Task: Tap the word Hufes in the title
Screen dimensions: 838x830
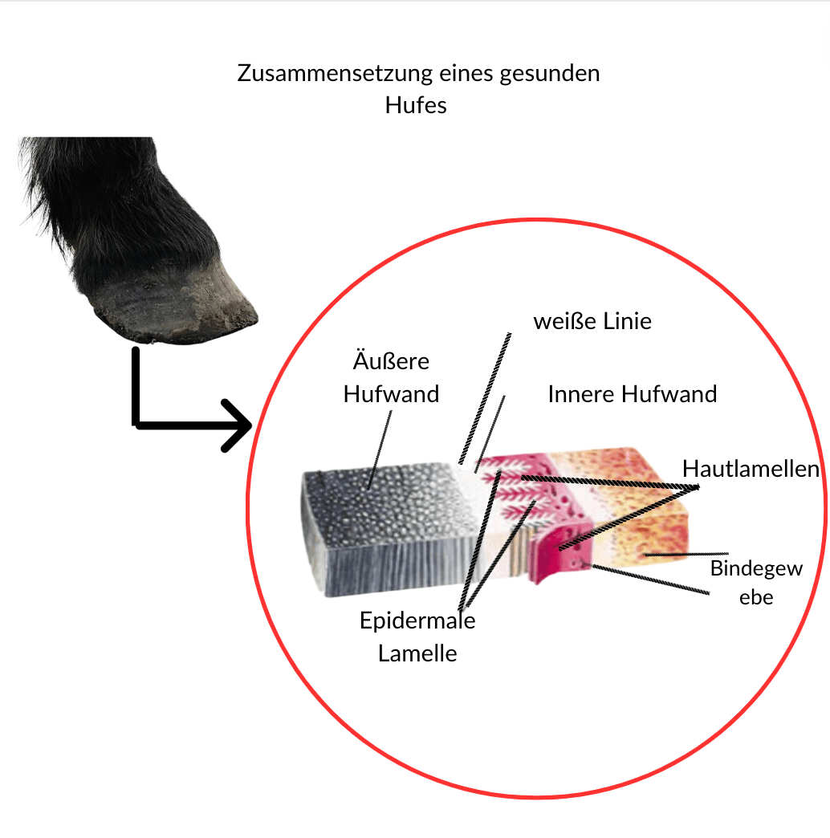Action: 415,105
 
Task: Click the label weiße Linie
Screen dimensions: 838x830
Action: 592,322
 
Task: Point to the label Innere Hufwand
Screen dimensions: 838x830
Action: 632,395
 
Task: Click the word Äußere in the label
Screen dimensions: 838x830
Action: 391,362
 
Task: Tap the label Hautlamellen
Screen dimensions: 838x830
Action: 751,470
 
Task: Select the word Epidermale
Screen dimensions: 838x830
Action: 417,620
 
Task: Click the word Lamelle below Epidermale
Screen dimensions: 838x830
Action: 417,653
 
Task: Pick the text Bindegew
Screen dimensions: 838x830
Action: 756,569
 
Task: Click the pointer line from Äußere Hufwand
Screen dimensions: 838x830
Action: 380,450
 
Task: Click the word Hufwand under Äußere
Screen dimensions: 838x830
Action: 391,395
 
